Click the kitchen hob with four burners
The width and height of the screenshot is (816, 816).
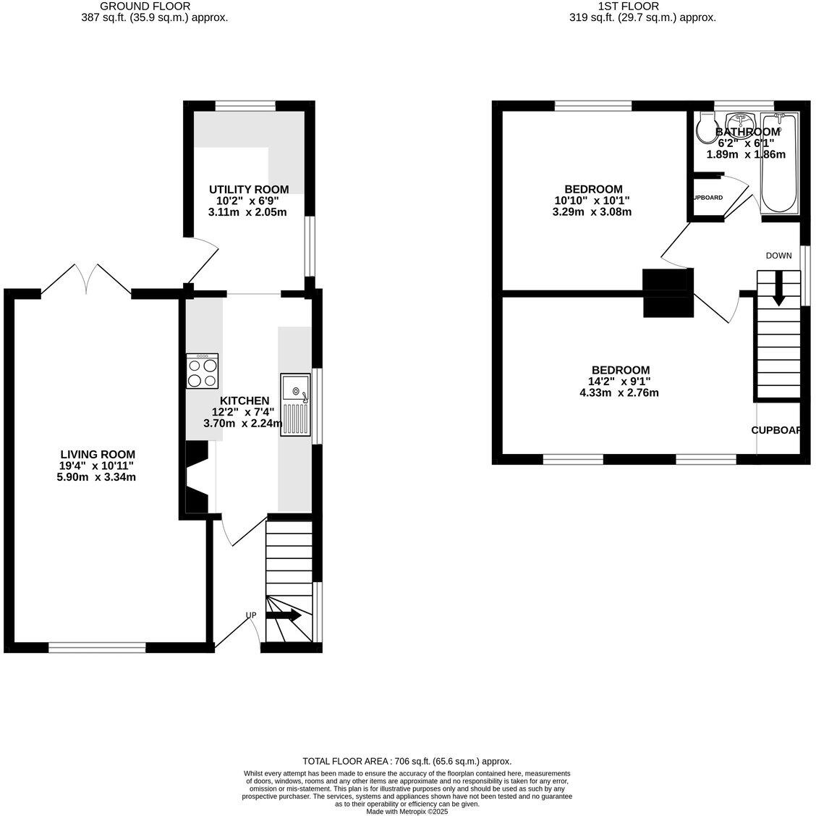click(x=202, y=371)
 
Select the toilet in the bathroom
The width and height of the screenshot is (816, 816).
click(x=704, y=129)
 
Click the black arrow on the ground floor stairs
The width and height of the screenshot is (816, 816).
click(x=284, y=615)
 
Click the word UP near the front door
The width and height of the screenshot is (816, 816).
click(x=251, y=615)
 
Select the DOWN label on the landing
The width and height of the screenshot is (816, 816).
click(x=778, y=256)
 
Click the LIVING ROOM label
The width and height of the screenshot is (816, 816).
click(x=98, y=455)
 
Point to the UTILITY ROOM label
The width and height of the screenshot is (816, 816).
click(x=248, y=190)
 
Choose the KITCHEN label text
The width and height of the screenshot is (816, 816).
click(x=245, y=400)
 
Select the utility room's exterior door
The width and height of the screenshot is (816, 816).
click(x=202, y=263)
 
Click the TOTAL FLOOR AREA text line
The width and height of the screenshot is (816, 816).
click(x=407, y=761)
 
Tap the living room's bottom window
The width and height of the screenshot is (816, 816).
click(x=97, y=647)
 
